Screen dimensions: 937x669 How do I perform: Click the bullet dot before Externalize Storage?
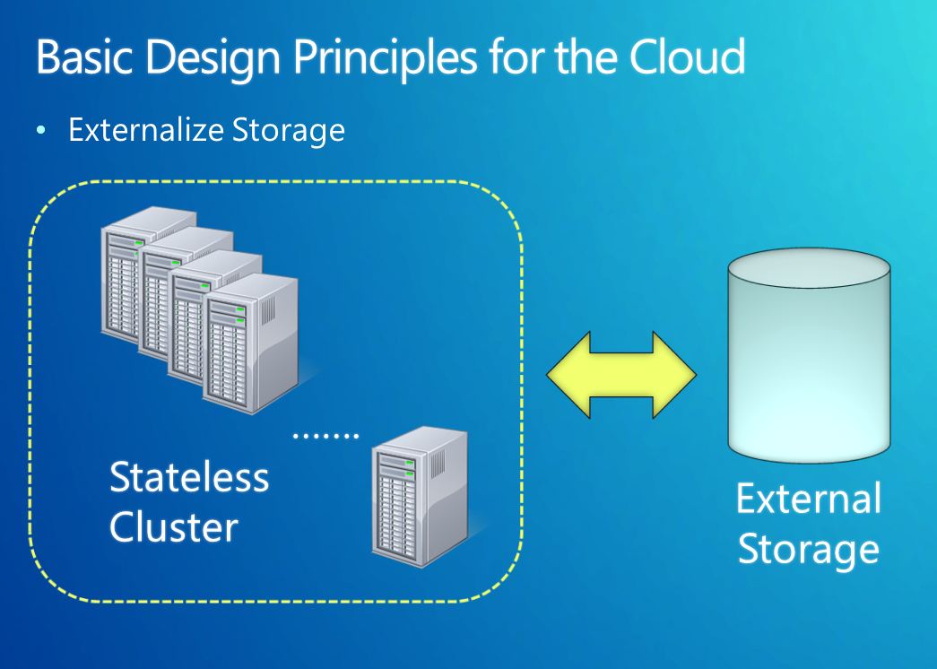[40, 130]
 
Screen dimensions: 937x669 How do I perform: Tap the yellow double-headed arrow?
[621, 375]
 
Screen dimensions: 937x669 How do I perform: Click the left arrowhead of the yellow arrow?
[568, 375]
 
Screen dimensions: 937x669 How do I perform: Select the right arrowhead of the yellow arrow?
[674, 375]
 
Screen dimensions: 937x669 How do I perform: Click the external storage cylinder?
[809, 355]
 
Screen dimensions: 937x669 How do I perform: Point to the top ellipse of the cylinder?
[809, 268]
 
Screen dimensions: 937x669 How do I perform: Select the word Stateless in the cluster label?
[189, 477]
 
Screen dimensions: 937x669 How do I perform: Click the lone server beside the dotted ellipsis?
[421, 496]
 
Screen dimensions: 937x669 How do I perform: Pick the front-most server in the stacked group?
[251, 343]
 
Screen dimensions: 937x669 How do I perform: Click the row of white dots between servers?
[325, 436]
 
